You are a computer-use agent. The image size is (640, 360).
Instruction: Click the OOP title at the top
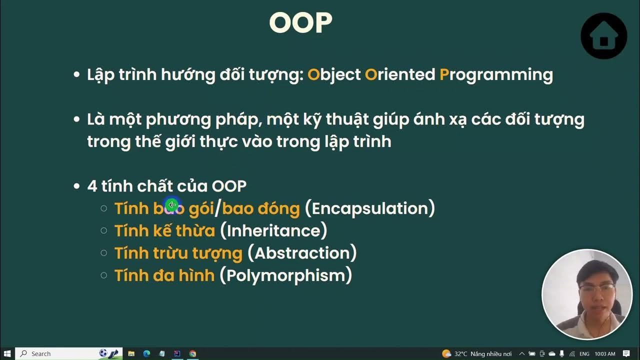(x=300, y=22)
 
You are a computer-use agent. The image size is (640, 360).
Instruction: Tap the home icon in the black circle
(x=603, y=36)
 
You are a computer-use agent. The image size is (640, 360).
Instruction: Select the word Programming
(x=496, y=74)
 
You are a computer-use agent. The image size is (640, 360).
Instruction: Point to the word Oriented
(x=400, y=74)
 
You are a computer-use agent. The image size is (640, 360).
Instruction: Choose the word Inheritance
(x=273, y=230)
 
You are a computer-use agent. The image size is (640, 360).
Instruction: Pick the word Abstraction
(x=302, y=253)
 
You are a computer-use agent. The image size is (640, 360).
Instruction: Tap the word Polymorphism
(x=286, y=275)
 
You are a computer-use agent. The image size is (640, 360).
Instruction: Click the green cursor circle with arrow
(x=171, y=205)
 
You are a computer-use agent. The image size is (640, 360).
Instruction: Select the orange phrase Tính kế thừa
(x=164, y=230)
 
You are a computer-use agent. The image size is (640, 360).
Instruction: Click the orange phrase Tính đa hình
(x=164, y=275)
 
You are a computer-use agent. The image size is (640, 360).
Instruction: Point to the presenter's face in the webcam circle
(x=595, y=287)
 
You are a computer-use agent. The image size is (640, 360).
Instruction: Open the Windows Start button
(x=7, y=353)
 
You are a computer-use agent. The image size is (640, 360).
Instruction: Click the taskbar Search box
(x=60, y=353)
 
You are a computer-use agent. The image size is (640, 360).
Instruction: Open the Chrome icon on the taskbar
(x=192, y=353)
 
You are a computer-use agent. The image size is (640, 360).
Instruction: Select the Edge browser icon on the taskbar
(x=146, y=353)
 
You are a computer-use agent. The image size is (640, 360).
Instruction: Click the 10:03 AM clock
(x=605, y=353)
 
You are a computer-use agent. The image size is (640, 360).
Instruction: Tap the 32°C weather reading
(x=460, y=353)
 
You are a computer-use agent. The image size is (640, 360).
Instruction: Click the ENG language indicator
(x=584, y=353)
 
